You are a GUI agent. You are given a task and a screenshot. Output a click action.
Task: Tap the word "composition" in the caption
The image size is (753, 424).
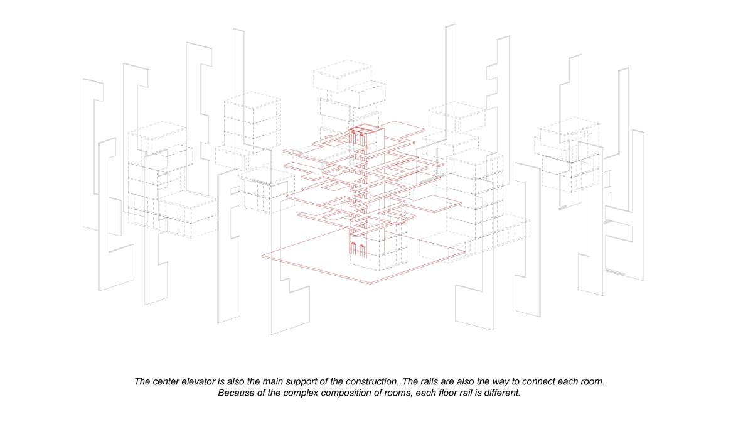coord(344,393)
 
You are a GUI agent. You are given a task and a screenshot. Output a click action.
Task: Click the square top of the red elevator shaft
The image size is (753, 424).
coord(366,129)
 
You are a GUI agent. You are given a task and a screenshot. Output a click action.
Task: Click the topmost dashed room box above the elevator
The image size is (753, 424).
coord(342,76)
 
